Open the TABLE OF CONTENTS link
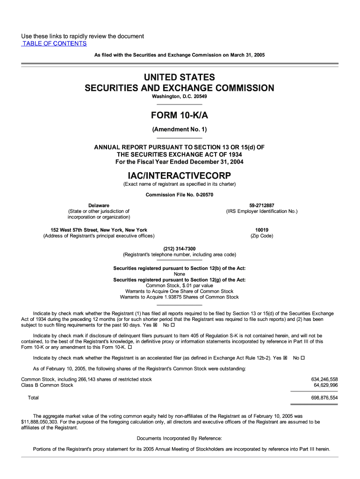pos(54,44)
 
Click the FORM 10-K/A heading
pos(180,116)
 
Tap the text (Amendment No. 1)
pos(180,130)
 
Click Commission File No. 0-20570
pos(180,195)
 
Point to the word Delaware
pos(99,205)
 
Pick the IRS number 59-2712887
pos(261,205)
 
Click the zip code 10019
pos(261,230)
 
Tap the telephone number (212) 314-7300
pos(180,249)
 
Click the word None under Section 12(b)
pos(180,274)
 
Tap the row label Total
pos(33,398)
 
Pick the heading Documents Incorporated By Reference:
pos(180,438)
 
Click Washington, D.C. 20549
pos(180,96)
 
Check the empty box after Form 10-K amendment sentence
pos(130,348)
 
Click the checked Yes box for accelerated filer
pos(285,358)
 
